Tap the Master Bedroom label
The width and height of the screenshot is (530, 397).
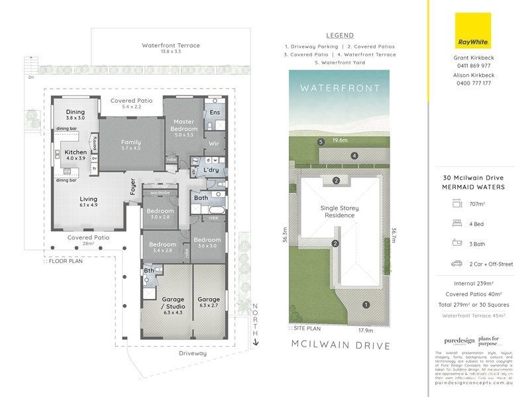183,125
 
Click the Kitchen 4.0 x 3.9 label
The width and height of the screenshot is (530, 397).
75,156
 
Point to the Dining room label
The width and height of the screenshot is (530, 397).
75,116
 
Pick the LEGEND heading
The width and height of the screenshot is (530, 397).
340,35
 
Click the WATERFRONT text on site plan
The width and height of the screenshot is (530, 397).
340,87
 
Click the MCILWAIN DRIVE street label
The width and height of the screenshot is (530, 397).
340,345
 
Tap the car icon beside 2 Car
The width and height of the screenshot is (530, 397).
457,264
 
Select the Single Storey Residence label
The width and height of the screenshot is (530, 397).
340,211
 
